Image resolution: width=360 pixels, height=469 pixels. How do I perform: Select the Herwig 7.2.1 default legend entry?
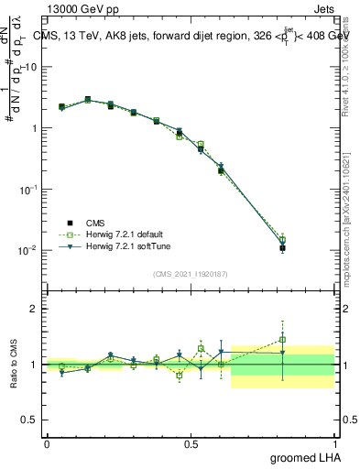pyautogui.click(x=121, y=234)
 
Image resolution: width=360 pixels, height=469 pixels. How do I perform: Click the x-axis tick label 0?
pyautogui.click(x=47, y=443)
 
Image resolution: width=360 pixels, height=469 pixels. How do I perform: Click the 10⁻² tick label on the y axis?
pyautogui.click(x=29, y=250)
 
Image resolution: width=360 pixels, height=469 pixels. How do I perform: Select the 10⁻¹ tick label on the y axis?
pyautogui.click(x=29, y=190)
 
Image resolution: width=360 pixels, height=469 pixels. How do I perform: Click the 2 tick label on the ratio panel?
pyautogui.click(x=33, y=309)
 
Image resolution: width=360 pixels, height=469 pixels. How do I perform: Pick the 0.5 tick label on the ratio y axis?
pyautogui.click(x=29, y=420)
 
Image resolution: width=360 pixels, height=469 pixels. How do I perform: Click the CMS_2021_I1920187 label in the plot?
pyautogui.click(x=190, y=274)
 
